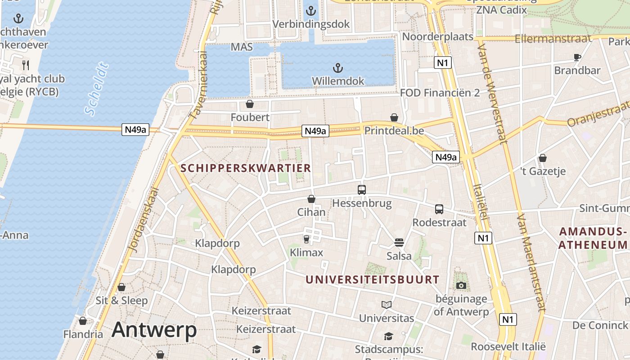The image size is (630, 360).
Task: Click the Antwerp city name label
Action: [x=154, y=330]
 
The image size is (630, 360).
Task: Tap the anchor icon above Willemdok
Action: [x=337, y=68]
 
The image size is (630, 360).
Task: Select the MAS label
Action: [x=242, y=47]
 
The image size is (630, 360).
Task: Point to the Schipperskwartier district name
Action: [x=246, y=168]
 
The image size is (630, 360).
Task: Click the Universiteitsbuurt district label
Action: [x=372, y=279]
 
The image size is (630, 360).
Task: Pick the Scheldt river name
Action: [x=97, y=90]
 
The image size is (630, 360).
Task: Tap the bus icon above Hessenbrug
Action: [x=362, y=189]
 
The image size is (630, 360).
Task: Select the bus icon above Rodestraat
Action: [x=439, y=209]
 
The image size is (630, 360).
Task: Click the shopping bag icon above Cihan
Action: [x=311, y=198]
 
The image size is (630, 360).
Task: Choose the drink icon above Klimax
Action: [x=306, y=238]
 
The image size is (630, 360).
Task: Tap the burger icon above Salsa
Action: [x=399, y=243]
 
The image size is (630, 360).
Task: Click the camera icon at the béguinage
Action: [x=461, y=285]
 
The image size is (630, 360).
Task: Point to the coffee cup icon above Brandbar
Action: [x=577, y=57]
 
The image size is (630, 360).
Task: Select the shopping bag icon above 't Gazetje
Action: [x=543, y=158]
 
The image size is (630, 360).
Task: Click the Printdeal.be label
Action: [x=394, y=130]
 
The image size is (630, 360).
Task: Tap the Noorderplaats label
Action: [x=438, y=36]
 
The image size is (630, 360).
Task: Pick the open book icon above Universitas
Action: [x=386, y=305]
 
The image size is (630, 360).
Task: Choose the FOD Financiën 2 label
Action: [x=440, y=93]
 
